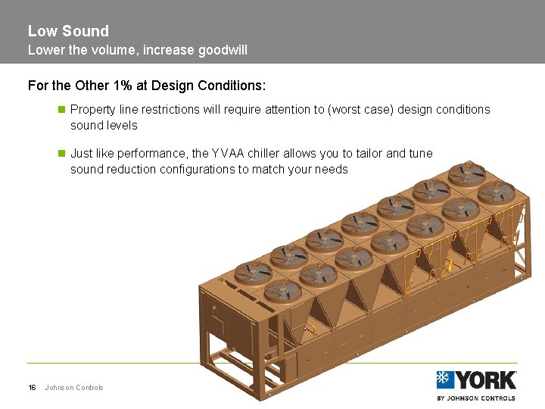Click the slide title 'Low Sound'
68,31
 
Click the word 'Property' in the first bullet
93,109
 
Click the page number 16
32,388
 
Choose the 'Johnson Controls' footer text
74,388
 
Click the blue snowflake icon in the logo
445,379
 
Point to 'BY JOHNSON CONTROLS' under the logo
476,398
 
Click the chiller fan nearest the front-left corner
282,289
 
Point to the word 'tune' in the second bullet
421,153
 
